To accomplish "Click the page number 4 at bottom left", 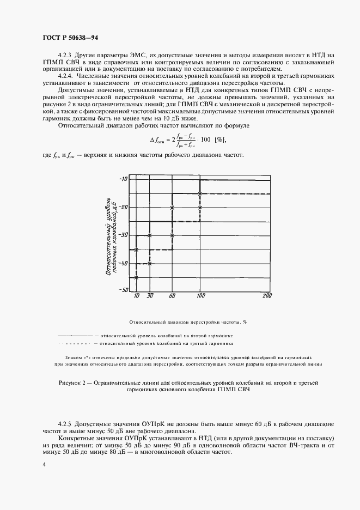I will tap(43, 464).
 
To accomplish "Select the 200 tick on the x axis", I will tap(266, 295).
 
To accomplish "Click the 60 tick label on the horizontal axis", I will tap(172, 295).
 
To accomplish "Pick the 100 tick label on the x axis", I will tap(200, 295).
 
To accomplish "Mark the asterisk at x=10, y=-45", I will tap(136, 277).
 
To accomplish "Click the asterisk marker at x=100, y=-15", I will tap(200, 193).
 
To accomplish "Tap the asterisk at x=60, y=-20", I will tap(172, 208).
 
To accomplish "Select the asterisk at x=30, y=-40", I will tap(150, 263).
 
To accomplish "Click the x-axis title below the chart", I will tap(188, 322).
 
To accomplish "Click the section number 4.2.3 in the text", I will tap(65, 56).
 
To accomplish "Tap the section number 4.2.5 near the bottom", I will tap(65, 423).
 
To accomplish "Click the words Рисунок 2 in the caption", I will tap(75, 384).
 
